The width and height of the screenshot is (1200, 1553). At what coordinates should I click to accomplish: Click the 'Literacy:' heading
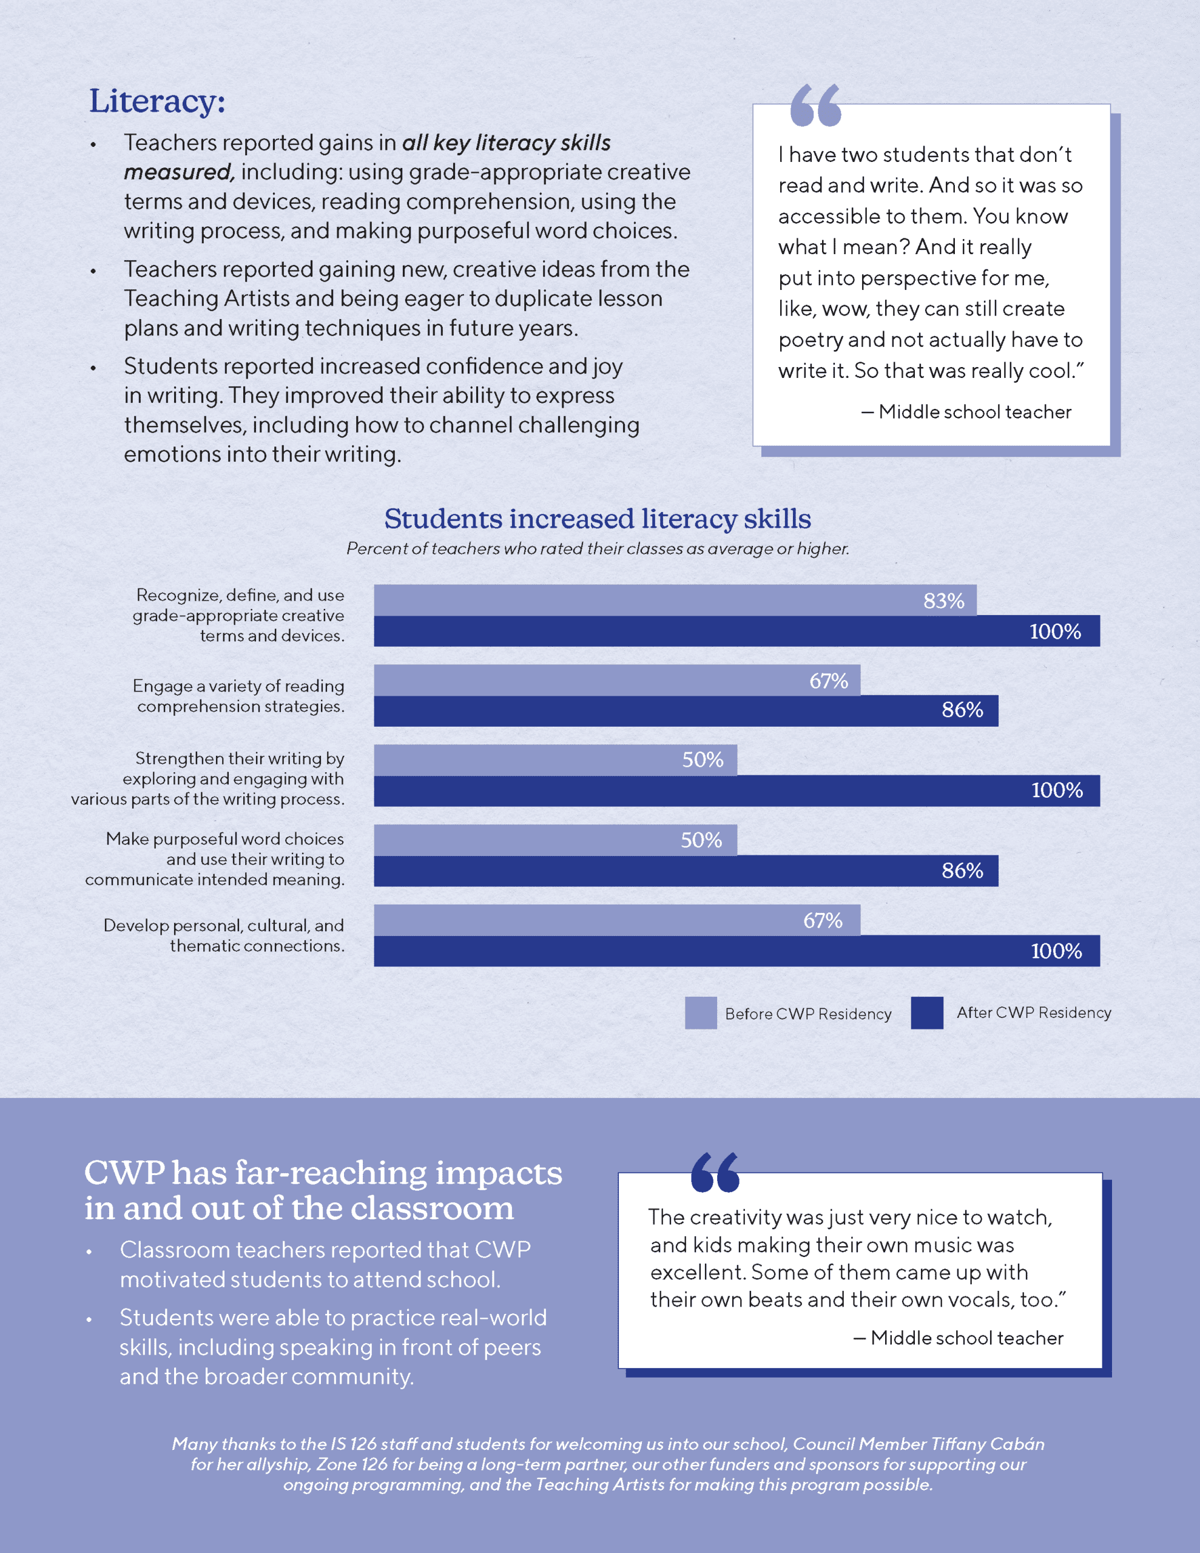[x=157, y=101]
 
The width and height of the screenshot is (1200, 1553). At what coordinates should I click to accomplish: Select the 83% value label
[x=943, y=601]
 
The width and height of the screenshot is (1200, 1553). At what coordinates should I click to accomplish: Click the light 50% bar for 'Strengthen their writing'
[x=555, y=760]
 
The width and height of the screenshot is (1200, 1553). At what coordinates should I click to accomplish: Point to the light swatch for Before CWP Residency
[x=700, y=1012]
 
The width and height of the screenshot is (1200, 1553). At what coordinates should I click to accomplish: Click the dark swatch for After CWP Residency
[x=927, y=1012]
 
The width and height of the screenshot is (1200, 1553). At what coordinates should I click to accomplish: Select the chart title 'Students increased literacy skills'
[x=598, y=519]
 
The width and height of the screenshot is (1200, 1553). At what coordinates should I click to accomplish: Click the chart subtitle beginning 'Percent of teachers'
[x=598, y=549]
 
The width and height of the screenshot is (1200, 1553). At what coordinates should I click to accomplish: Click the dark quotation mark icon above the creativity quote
[x=715, y=1173]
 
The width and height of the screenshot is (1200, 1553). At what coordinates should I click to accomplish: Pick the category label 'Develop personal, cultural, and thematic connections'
[x=223, y=935]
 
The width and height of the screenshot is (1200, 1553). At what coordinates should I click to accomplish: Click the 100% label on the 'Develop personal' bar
[x=1056, y=951]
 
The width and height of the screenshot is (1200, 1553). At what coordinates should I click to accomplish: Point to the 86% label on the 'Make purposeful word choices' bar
[x=962, y=871]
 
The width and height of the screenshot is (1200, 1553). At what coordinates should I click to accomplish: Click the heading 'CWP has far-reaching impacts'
[x=323, y=1190]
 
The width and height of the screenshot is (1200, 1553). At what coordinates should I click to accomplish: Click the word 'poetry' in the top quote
[x=809, y=340]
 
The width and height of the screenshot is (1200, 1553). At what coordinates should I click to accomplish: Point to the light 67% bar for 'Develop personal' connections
[x=617, y=920]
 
